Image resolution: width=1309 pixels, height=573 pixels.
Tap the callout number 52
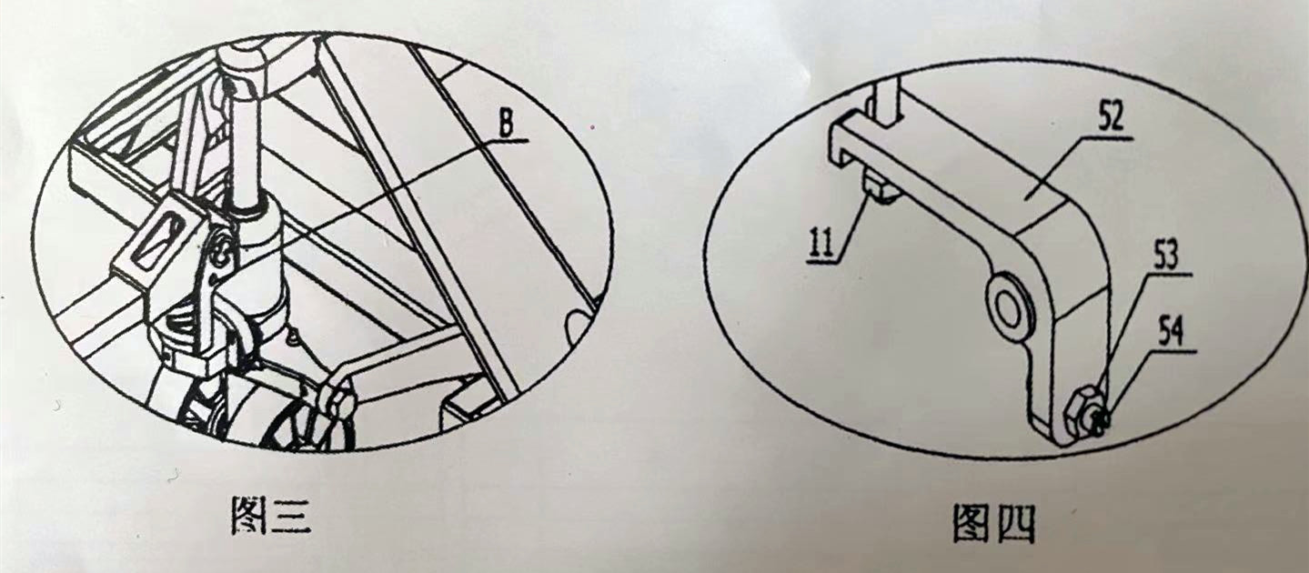[1111, 118]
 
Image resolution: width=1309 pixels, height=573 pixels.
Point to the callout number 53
[1165, 256]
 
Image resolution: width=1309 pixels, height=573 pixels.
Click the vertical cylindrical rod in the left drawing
[246, 146]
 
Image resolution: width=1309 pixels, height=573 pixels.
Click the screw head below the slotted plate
[222, 257]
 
